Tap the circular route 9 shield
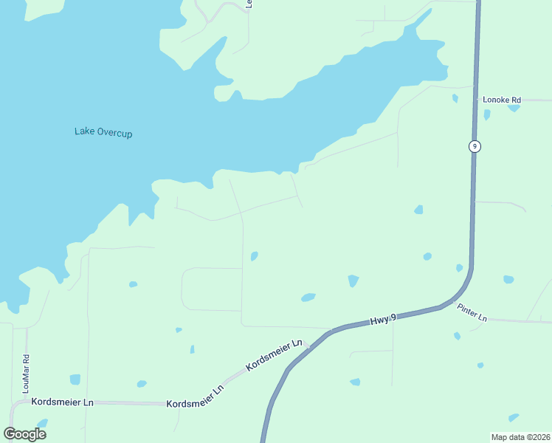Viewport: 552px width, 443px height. pos(475,146)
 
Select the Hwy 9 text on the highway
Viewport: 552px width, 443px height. pos(383,319)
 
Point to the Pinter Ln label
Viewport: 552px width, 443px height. pos(472,312)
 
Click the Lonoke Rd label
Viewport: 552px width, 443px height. pos(502,100)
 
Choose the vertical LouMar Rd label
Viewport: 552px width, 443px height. pos(26,374)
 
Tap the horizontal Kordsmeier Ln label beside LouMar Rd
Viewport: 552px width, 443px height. pos(62,402)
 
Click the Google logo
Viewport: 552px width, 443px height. pos(24,433)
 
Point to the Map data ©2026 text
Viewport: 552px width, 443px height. pos(520,436)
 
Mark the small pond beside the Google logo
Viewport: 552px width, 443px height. pos(42,424)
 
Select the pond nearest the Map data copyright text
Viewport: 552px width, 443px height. pos(514,418)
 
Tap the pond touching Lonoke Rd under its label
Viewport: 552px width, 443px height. pos(514,108)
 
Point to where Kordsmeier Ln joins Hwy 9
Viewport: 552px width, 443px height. pos(308,346)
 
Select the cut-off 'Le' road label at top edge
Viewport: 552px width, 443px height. pos(249,4)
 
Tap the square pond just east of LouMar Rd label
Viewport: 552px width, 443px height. pos(75,380)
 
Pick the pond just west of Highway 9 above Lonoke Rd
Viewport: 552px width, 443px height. pos(455,97)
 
